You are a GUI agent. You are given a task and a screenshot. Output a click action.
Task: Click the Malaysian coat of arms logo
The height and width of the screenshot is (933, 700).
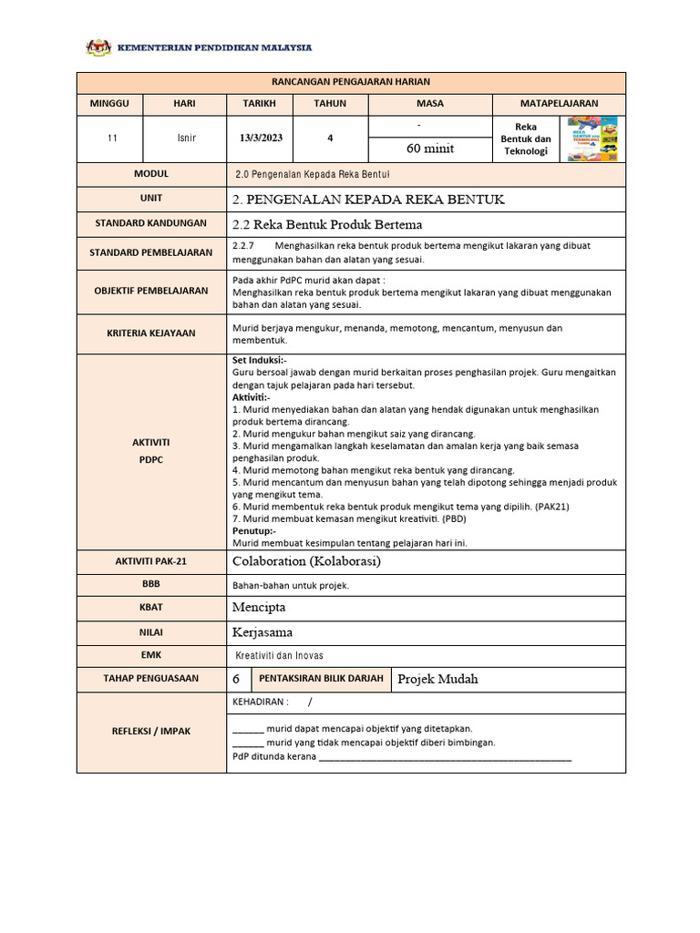(x=96, y=47)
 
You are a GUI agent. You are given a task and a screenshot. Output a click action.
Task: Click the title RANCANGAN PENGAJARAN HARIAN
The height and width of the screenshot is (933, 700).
(x=351, y=82)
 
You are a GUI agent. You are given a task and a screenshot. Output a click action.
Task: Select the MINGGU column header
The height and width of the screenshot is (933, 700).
(x=110, y=104)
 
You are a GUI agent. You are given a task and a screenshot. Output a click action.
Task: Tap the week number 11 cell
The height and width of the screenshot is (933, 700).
(x=111, y=138)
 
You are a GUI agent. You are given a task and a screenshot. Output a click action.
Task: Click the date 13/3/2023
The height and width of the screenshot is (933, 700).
(x=261, y=138)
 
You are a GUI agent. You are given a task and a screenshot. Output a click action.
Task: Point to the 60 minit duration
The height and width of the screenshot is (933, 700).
(x=429, y=149)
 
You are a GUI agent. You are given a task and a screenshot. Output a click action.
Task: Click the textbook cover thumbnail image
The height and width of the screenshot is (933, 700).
(x=592, y=138)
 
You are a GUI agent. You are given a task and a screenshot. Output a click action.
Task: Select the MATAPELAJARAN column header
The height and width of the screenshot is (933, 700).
(x=559, y=104)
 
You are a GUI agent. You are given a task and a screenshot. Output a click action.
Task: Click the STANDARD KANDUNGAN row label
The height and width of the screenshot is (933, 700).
(x=151, y=223)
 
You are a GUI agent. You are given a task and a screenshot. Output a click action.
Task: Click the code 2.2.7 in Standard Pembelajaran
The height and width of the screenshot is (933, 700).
(x=242, y=246)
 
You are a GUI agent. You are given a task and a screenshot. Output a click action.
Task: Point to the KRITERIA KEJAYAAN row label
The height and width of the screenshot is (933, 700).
(x=151, y=333)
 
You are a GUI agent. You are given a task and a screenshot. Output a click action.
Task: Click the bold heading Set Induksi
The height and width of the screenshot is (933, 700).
(x=260, y=360)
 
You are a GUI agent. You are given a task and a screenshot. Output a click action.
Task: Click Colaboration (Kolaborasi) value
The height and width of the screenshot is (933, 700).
(x=307, y=561)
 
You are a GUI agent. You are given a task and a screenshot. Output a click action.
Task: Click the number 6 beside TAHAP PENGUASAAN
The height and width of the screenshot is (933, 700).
(x=237, y=679)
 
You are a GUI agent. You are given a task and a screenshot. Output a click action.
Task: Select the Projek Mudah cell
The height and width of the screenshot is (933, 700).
(x=437, y=679)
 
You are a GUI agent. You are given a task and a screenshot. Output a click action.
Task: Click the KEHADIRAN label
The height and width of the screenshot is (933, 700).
(x=261, y=702)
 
